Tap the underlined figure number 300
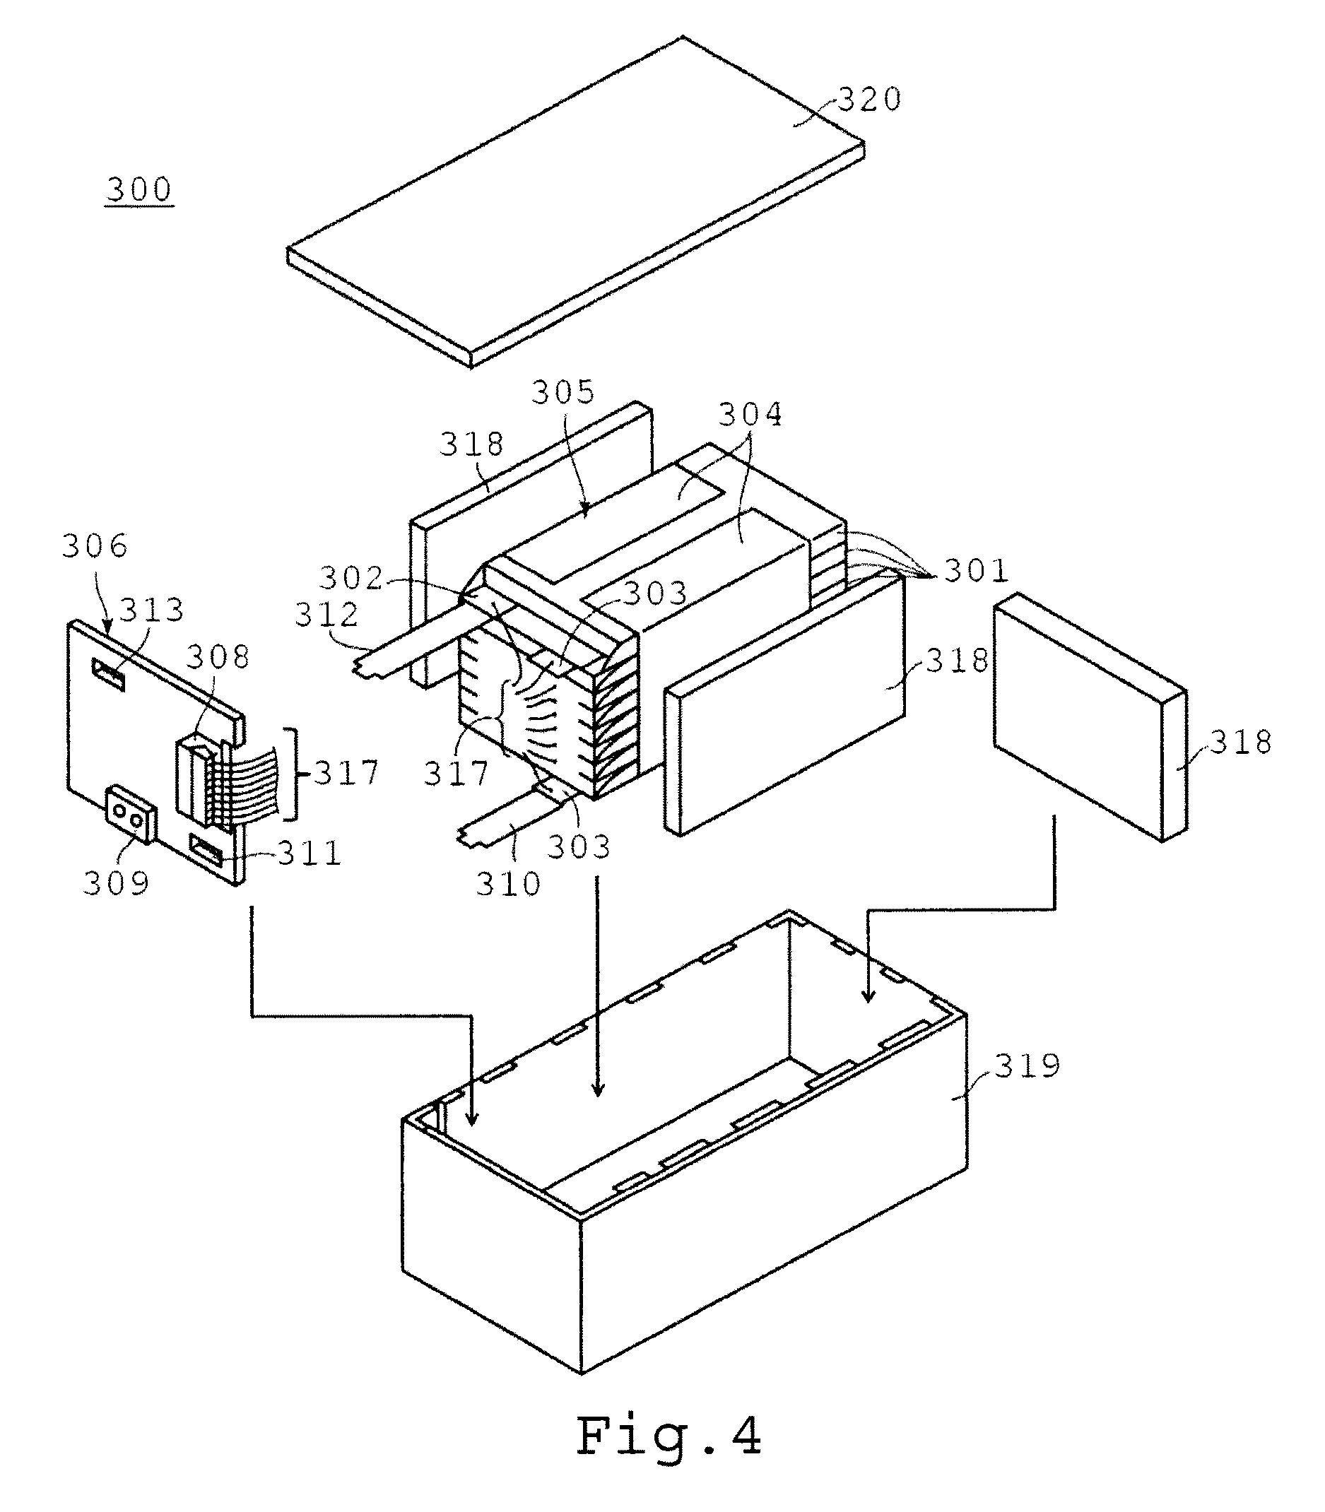(139, 189)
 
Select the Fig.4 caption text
(669, 1435)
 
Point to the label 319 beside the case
(1027, 1066)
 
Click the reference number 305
(563, 392)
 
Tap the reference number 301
(977, 570)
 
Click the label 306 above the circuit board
(95, 545)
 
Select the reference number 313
(151, 610)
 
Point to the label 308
(218, 656)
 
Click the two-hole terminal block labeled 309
(131, 814)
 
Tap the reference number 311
(310, 854)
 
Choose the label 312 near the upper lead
(326, 615)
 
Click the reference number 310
(509, 884)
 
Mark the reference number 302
(351, 577)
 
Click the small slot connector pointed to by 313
(108, 674)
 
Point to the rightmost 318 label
(1241, 743)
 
